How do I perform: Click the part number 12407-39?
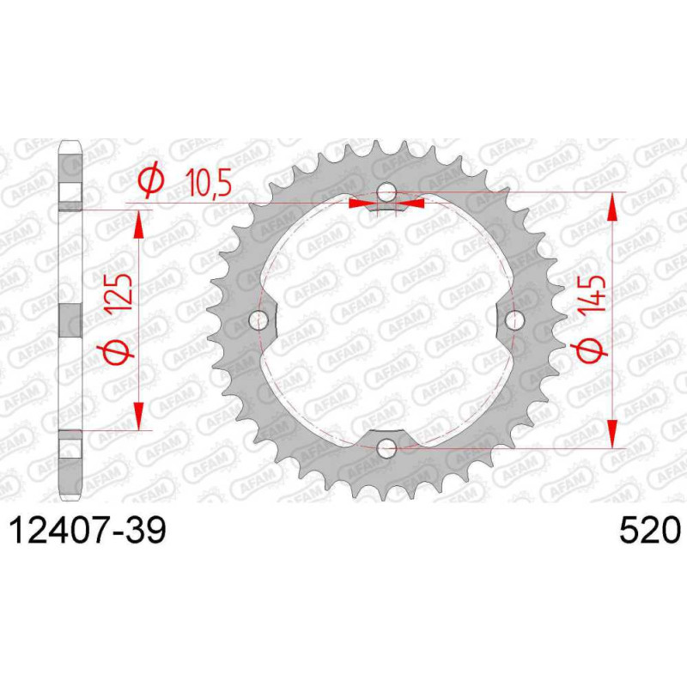[88, 530]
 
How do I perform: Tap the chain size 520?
[650, 530]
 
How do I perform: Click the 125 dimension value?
[119, 292]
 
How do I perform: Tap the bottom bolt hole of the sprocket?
[386, 447]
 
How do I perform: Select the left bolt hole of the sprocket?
[258, 319]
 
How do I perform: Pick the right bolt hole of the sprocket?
[514, 319]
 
